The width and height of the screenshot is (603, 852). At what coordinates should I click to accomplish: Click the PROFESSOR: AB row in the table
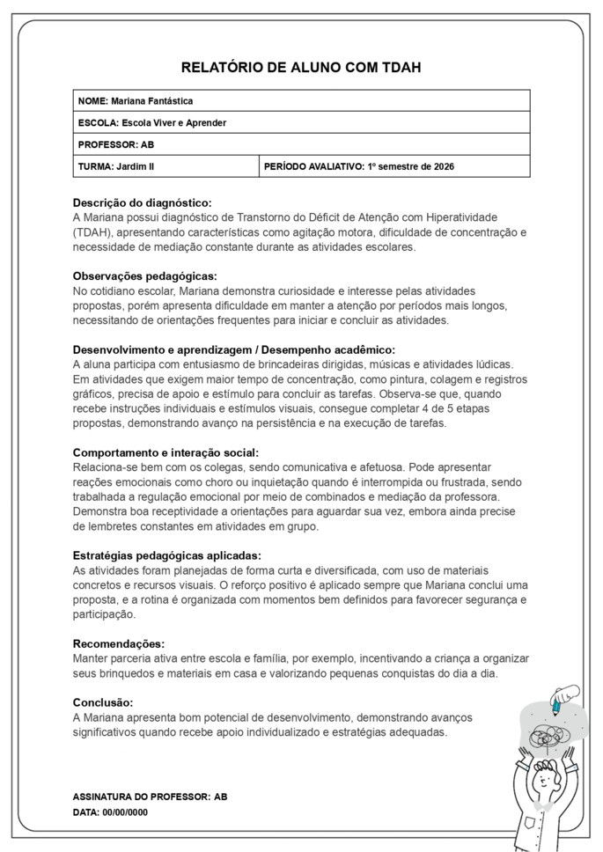click(104, 144)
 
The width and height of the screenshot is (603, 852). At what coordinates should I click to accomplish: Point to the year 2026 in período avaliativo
click(443, 166)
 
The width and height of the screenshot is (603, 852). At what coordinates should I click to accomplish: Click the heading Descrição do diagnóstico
click(142, 202)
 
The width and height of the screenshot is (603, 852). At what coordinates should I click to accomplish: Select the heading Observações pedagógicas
click(144, 275)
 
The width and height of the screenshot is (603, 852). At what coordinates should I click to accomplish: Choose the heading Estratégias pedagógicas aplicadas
click(166, 555)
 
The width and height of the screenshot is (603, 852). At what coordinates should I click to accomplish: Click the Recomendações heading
click(119, 643)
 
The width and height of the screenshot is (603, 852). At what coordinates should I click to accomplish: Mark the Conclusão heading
click(103, 702)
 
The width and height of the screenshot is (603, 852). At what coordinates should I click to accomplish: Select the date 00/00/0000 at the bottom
click(125, 812)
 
